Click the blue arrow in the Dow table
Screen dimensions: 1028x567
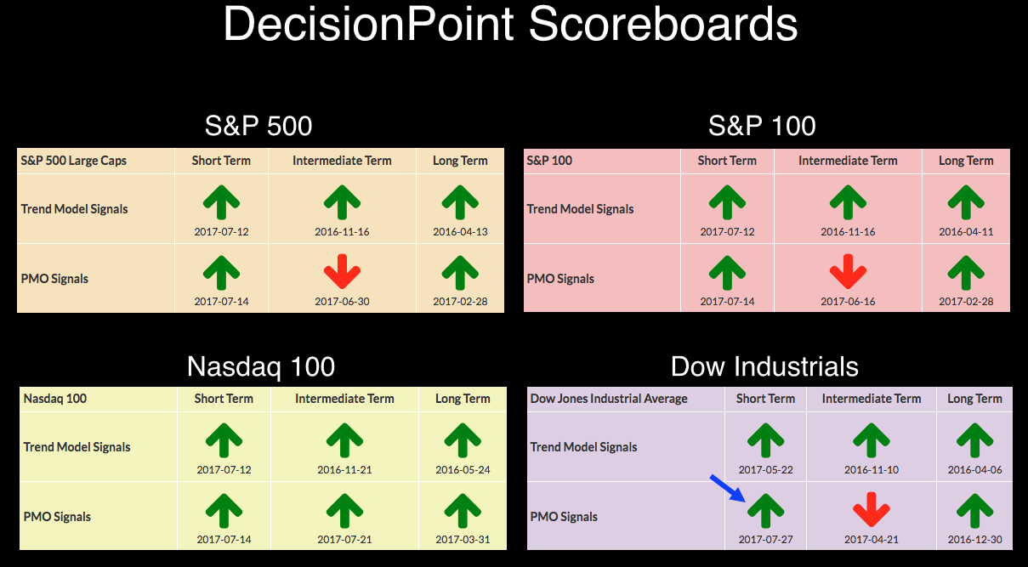tap(728, 489)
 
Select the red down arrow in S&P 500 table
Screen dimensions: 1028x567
tap(342, 271)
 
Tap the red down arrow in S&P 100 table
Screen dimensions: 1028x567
tap(848, 271)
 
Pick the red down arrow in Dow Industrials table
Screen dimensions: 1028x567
tap(871, 509)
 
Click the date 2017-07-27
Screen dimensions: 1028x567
tap(765, 540)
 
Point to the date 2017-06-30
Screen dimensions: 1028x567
tap(342, 302)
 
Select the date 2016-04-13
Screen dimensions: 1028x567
tap(460, 232)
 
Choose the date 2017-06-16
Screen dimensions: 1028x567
tap(848, 302)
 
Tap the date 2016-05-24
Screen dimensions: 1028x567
tap(463, 470)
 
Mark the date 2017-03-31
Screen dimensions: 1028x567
tap(463, 540)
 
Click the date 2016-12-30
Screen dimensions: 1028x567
tap(974, 540)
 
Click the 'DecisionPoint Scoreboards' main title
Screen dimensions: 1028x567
tap(510, 24)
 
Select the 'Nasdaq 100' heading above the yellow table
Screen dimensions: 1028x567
tap(261, 367)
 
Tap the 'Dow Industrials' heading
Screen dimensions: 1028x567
tap(764, 366)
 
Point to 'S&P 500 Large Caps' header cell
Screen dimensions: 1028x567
tap(73, 161)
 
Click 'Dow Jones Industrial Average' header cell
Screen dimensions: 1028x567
tap(609, 399)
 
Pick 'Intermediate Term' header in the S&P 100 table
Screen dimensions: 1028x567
tap(848, 161)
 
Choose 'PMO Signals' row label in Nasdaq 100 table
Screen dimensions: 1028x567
tap(57, 517)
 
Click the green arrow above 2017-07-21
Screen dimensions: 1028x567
tap(344, 511)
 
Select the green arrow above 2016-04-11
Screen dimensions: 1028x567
tap(966, 202)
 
